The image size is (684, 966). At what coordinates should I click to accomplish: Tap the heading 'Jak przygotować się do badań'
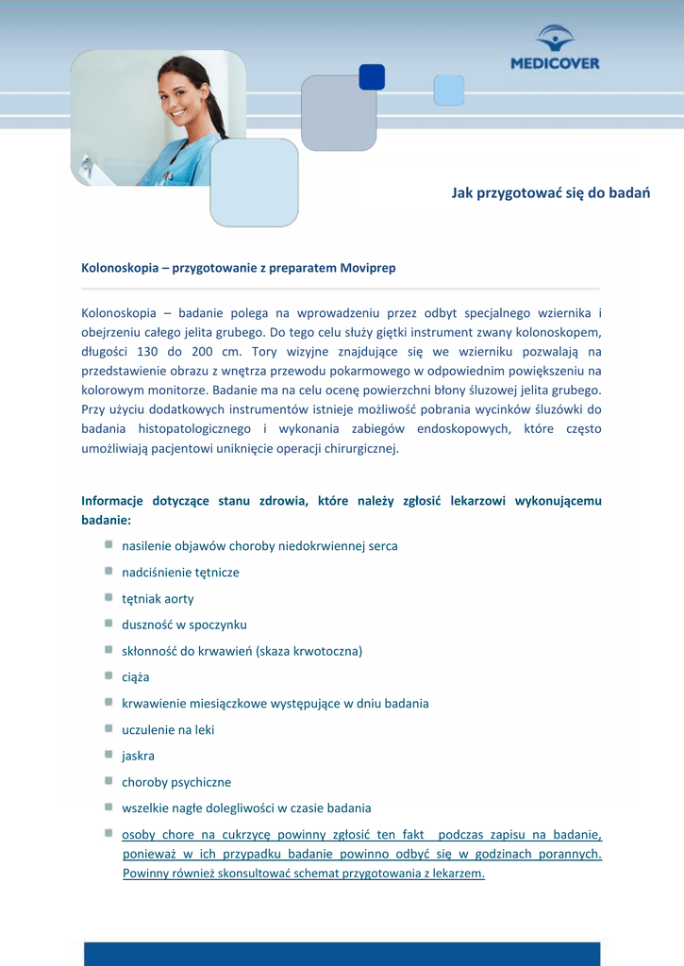point(550,193)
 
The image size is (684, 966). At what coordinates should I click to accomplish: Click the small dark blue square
point(372,77)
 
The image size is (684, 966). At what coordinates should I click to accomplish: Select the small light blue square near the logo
point(448,91)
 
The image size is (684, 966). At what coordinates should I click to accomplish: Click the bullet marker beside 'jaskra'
point(109,755)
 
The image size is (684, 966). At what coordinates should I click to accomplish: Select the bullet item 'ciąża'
point(135,677)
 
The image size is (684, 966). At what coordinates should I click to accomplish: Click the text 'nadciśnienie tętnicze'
point(180,573)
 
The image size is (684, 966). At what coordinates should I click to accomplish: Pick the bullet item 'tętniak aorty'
point(158,599)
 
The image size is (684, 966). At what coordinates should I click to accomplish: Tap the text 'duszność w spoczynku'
point(184,625)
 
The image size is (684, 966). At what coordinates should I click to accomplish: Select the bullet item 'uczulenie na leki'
point(168,730)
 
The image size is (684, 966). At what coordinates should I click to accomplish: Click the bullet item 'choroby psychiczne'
point(175,782)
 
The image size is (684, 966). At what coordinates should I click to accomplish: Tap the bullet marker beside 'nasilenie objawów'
point(109,545)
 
